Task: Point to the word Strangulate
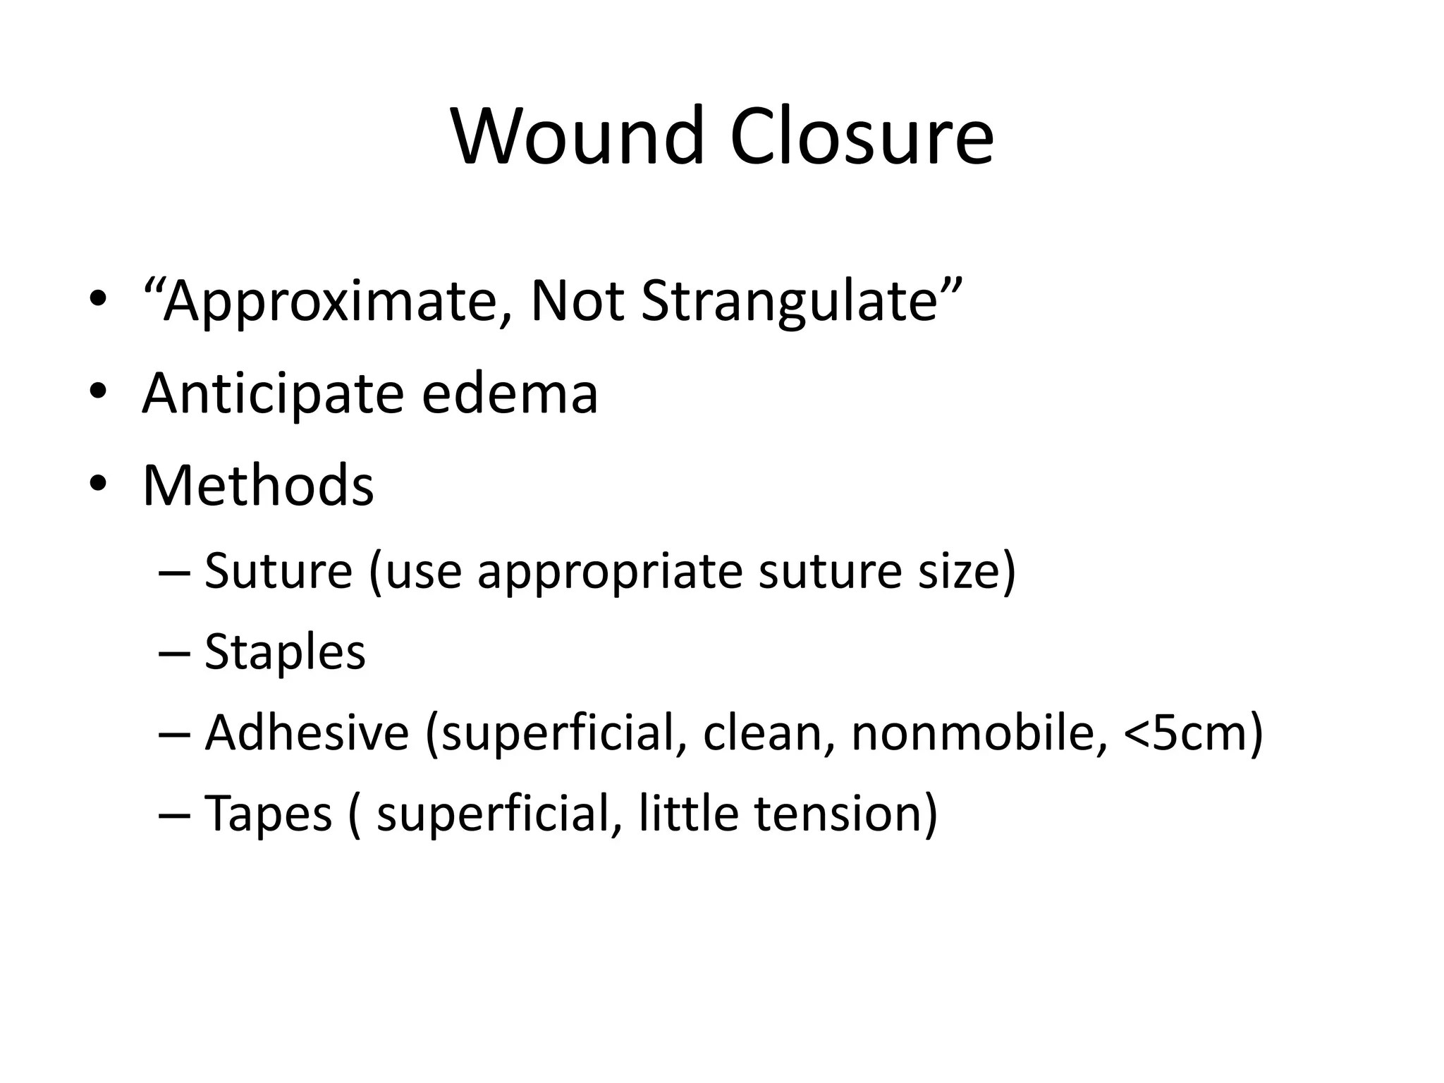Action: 790,302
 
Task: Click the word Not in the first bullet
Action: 577,302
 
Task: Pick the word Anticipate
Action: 273,393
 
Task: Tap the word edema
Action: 510,393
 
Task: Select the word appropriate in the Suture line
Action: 610,571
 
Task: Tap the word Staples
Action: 285,651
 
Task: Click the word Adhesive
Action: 307,733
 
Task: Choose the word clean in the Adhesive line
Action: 764,733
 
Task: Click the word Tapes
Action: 268,814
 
